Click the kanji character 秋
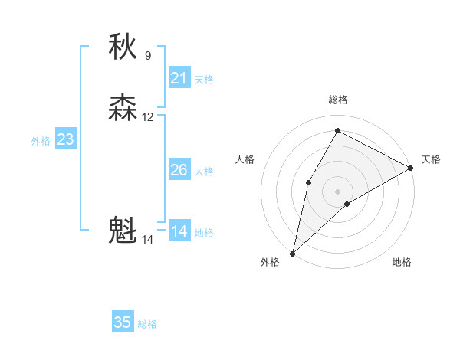[123, 47]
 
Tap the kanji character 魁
[123, 231]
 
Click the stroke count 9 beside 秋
[148, 55]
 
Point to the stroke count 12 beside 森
[148, 117]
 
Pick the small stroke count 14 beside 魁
[148, 240]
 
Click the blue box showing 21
[179, 78]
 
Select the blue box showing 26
[179, 170]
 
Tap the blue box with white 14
[179, 231]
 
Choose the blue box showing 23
[65, 139]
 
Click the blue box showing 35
[123, 322]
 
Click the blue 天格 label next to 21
[204, 80]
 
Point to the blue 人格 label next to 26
[204, 172]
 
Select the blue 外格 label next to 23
[41, 141]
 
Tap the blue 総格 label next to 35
[147, 324]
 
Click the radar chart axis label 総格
[337, 100]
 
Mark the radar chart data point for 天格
[411, 168]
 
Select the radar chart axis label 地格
[402, 263]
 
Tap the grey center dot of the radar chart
[337, 191]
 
